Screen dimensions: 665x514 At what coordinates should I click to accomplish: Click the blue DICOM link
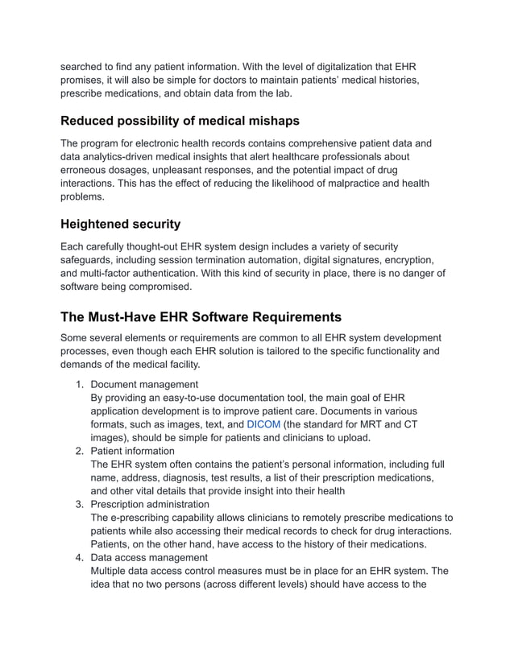point(263,424)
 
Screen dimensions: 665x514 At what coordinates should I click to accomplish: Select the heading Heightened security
point(121,224)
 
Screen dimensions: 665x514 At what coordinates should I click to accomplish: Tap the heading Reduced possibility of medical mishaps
point(180,121)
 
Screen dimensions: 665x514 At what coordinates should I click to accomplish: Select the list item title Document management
point(144,384)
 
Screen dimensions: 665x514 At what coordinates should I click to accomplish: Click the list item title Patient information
point(133,451)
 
